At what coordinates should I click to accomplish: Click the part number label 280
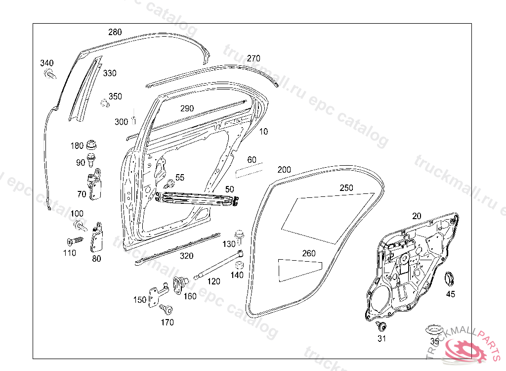pos(115,33)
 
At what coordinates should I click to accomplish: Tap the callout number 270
pos(253,58)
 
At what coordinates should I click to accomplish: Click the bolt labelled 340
pos(49,74)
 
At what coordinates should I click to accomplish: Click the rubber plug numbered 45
pos(450,278)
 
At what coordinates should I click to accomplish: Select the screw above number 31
pos(381,325)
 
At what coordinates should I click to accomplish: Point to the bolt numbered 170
pos(167,310)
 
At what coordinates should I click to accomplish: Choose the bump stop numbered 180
pos(91,146)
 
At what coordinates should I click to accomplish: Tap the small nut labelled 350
pos(104,103)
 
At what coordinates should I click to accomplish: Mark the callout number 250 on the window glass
pos(346,188)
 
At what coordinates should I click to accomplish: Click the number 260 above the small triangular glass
pos(309,254)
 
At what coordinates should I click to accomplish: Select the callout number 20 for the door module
pos(417,216)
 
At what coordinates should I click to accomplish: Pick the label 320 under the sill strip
pos(186,256)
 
